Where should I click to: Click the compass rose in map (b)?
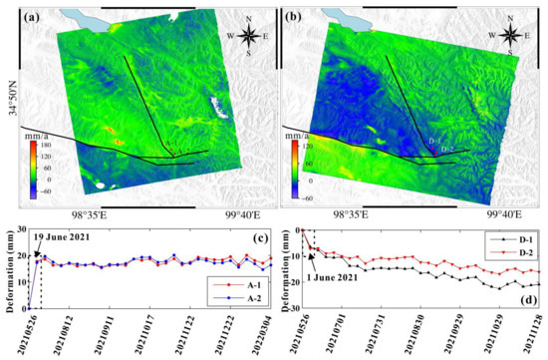coord(514,34)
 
